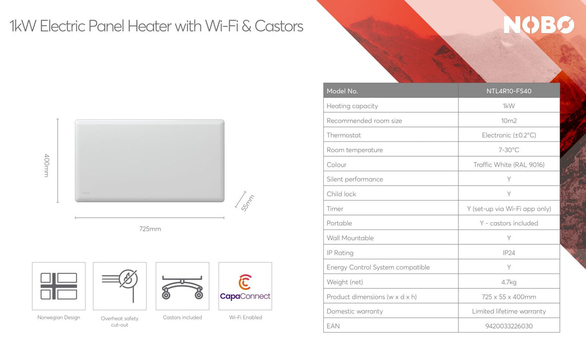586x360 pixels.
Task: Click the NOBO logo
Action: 538,25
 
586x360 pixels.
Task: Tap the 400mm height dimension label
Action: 46,165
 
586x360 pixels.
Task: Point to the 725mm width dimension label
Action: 150,229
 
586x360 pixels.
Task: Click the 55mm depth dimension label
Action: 248,203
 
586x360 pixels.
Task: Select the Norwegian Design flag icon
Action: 59,286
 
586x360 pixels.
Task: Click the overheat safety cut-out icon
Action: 120,286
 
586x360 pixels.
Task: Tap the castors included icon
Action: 182,286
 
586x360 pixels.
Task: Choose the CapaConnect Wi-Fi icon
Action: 245,286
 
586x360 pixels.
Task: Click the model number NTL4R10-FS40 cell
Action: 508,91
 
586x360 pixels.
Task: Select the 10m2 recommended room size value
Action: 508,120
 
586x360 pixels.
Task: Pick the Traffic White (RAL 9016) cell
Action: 508,165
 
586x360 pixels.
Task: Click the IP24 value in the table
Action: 508,253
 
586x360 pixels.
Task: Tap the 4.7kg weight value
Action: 508,282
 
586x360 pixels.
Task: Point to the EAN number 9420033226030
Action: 508,326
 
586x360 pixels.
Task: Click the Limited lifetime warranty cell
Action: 508,311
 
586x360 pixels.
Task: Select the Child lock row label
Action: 341,194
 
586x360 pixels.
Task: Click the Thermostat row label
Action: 344,135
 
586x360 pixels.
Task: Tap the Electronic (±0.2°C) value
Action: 508,135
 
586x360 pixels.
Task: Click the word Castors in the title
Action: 279,26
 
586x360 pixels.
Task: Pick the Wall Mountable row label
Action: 350,238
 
